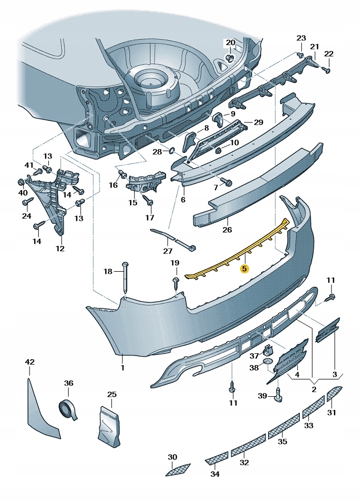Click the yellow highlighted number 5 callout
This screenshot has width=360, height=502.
[244, 268]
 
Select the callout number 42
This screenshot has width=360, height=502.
[29, 362]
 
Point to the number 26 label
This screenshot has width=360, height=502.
[227, 230]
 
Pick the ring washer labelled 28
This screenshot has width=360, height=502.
[172, 152]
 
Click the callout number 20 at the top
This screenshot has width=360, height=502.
[231, 42]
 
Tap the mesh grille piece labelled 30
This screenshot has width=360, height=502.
[178, 470]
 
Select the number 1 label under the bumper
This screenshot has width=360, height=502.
[122, 368]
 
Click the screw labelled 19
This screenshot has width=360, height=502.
[175, 283]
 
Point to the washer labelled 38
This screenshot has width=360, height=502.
[269, 368]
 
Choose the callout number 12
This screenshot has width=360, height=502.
[60, 249]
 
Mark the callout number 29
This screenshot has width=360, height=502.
[258, 122]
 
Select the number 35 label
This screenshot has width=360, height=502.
[282, 441]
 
